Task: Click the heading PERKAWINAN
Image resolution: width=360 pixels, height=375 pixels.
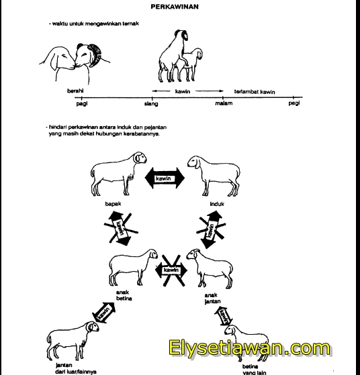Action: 180,6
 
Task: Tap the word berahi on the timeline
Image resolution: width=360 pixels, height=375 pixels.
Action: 75,91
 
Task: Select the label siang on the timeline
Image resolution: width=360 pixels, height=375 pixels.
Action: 151,104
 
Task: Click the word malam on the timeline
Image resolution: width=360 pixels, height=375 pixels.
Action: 223,104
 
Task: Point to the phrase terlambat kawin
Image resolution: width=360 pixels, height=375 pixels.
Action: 255,91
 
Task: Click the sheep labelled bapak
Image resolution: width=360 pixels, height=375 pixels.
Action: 117,173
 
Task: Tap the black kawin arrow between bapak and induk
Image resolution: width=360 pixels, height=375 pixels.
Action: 165,178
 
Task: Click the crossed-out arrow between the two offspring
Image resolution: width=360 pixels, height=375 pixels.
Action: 169,269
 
